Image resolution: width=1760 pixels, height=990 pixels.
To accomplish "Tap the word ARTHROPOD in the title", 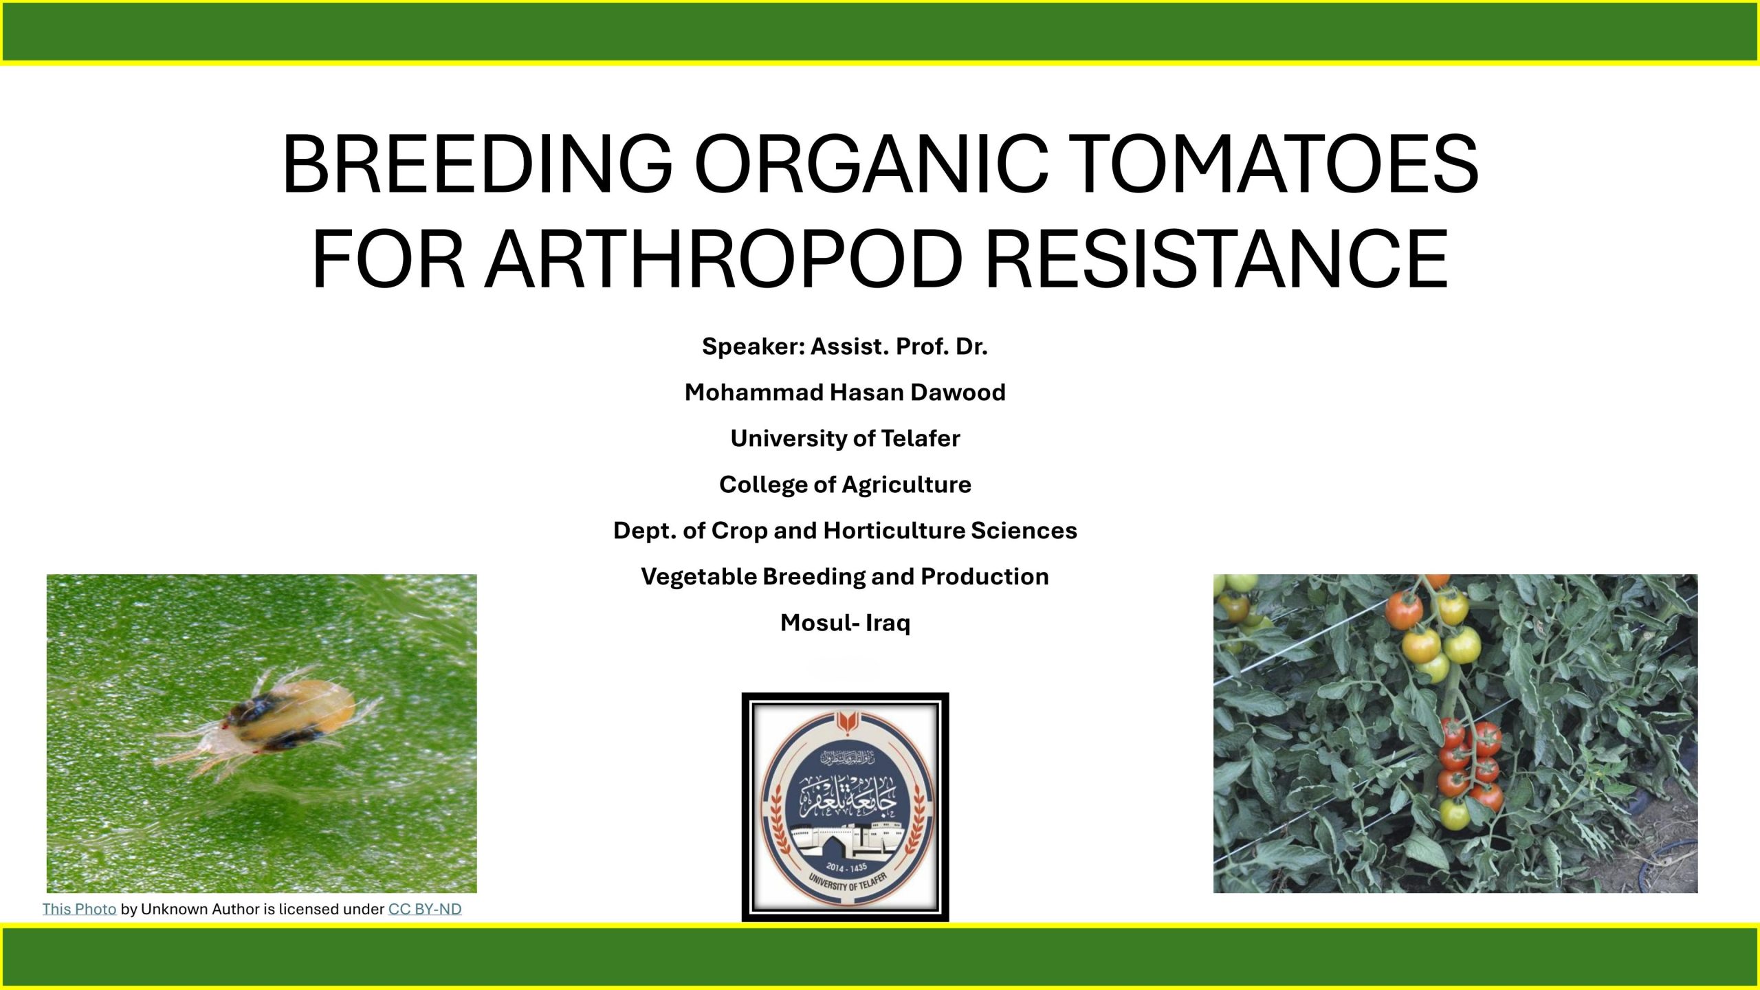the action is [725, 258].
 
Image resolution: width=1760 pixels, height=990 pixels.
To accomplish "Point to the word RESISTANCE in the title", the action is [1217, 258].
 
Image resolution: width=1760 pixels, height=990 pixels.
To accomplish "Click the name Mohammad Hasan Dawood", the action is [845, 392].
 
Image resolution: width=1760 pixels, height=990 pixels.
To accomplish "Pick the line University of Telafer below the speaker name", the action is [845, 438].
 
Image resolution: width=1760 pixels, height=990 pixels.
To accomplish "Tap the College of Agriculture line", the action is [845, 484].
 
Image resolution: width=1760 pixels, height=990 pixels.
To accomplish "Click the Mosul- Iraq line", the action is [845, 622].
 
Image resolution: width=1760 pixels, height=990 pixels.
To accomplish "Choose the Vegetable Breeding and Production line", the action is [845, 576].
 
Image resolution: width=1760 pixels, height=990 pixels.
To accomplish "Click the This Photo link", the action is [79, 909].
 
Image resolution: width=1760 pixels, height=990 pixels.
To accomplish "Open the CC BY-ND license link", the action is [425, 909].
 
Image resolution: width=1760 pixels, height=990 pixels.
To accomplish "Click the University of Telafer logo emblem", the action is [845, 806].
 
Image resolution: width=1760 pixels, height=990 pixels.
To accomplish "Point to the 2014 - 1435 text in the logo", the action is [846, 868].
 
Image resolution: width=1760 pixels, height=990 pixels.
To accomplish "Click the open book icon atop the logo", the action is [845, 723].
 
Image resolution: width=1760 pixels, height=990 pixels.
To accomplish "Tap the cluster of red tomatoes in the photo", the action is [1471, 763].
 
